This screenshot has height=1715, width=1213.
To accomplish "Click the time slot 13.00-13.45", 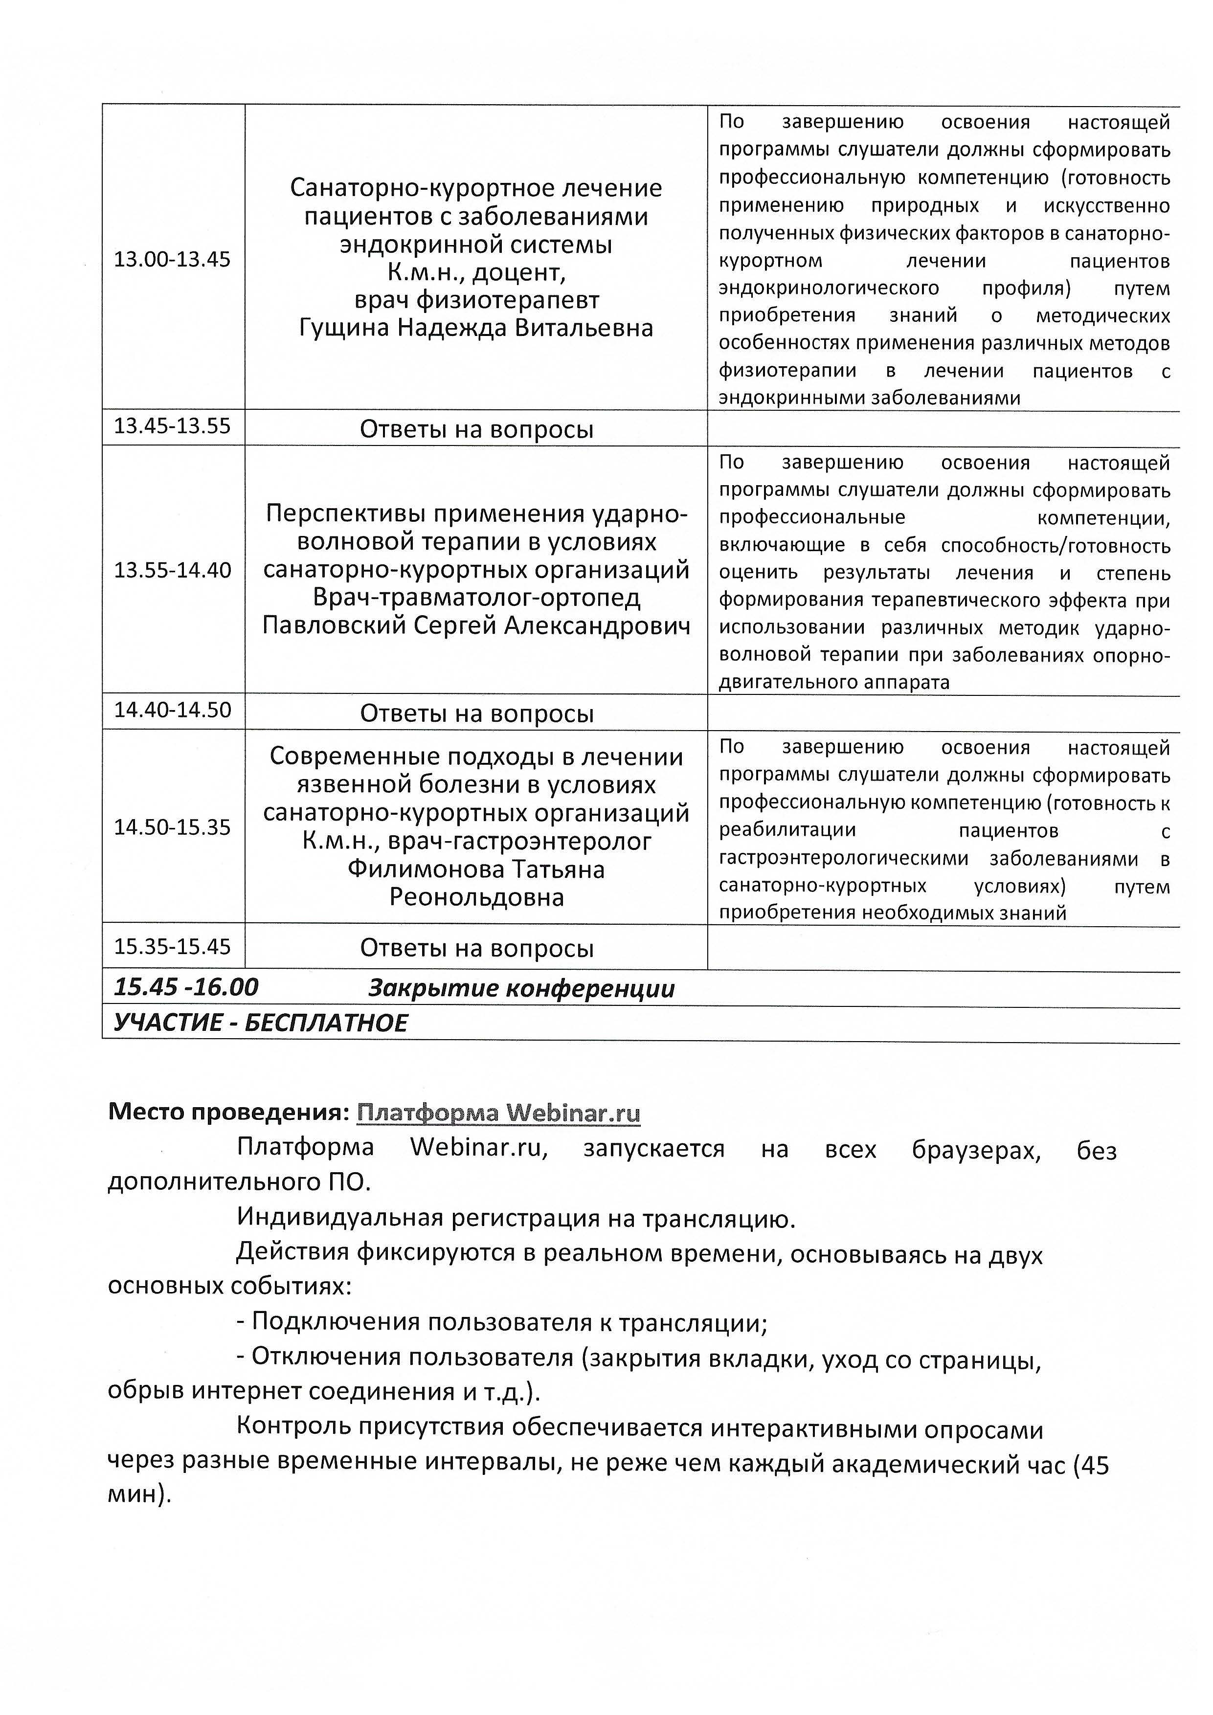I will click(173, 260).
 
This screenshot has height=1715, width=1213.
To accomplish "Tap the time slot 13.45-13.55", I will click(173, 426).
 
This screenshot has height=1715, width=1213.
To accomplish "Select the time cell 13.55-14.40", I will click(173, 571).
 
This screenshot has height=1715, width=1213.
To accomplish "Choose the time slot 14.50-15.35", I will click(173, 827).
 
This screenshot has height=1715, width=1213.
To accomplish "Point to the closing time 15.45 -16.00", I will click(186, 987).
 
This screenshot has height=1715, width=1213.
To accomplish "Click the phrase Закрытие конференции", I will click(521, 989).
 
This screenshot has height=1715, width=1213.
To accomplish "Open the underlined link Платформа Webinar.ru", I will click(498, 1113).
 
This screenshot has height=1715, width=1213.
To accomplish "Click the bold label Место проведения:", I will click(228, 1113).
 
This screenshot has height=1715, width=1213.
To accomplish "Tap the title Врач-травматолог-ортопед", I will click(476, 598).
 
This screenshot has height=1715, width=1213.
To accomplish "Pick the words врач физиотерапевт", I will click(476, 300).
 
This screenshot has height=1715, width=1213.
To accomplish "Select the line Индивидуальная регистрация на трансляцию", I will click(516, 1219).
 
